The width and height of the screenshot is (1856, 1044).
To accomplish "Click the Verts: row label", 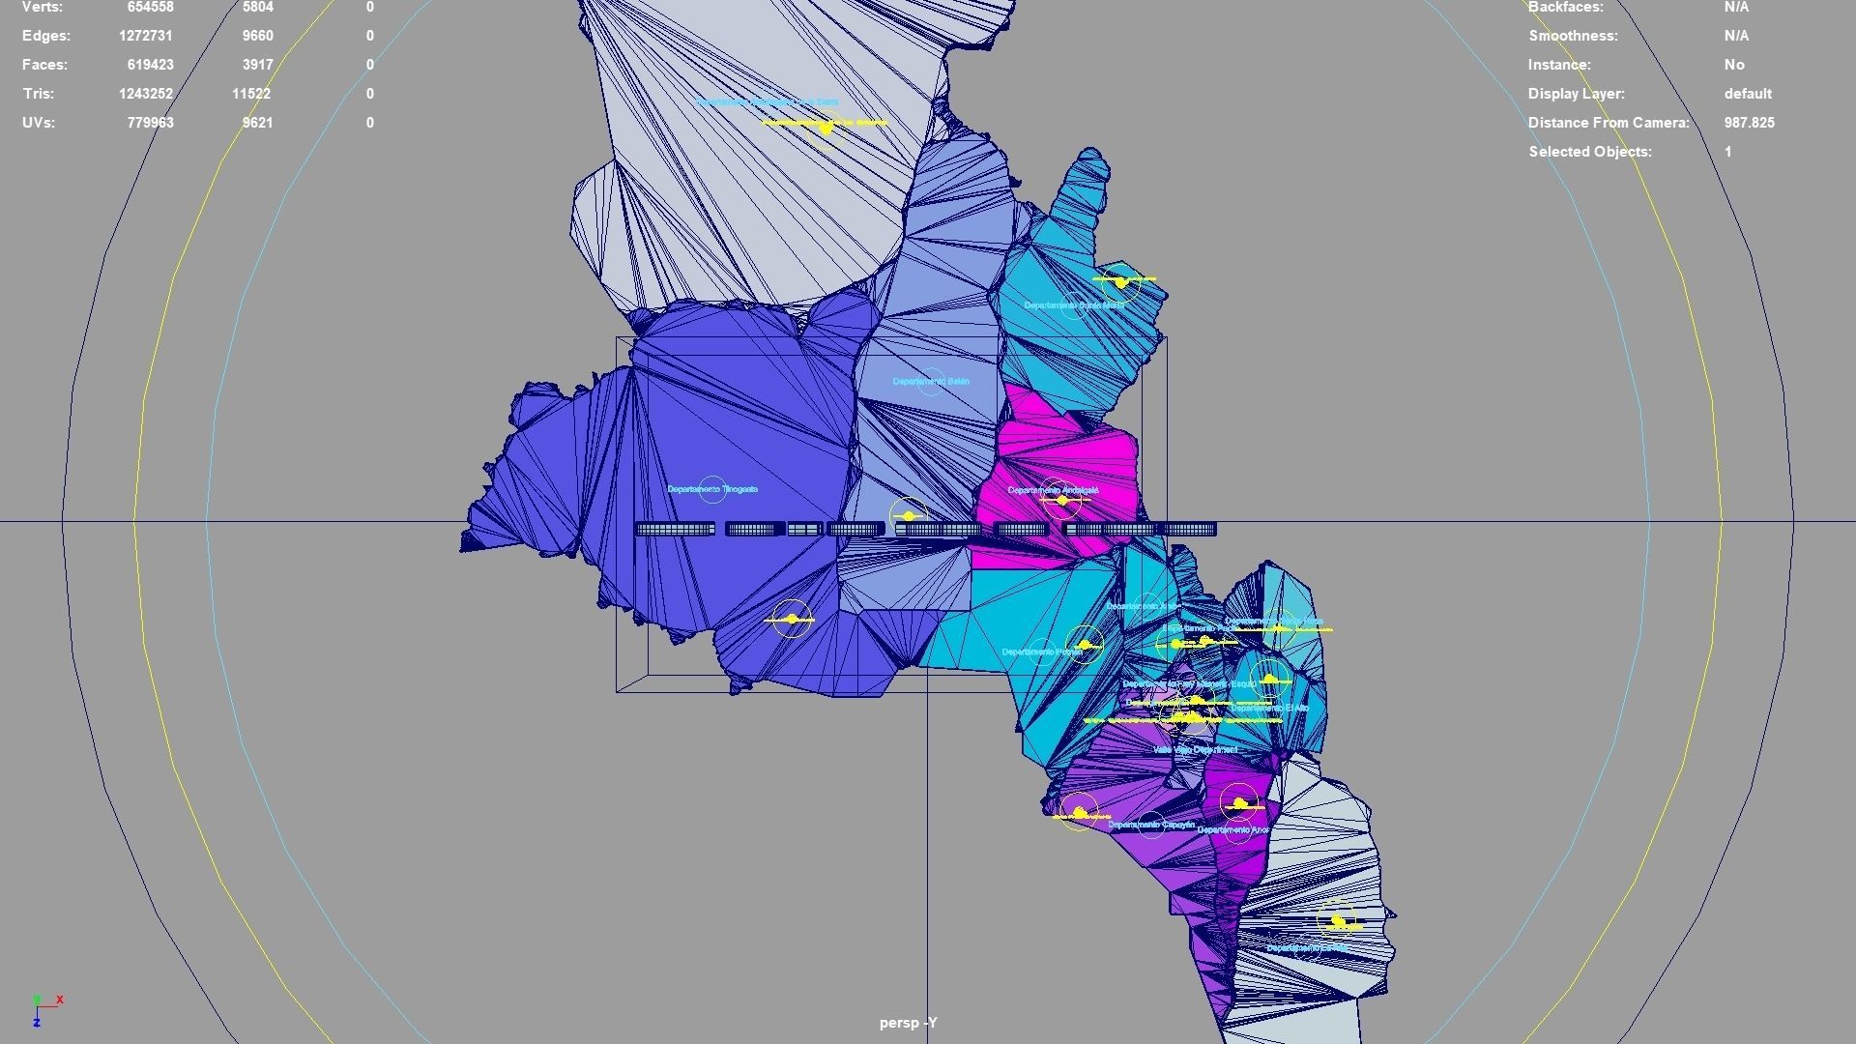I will [x=43, y=8].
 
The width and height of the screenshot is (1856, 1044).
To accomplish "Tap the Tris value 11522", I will [x=251, y=94].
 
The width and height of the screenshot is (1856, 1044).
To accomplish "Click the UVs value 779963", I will [x=150, y=123].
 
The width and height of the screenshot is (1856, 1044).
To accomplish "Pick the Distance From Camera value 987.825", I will [x=1749, y=123].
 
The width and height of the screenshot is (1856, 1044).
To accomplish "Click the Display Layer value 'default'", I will [x=1748, y=94].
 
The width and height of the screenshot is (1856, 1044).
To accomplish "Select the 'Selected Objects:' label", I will [x=1590, y=152].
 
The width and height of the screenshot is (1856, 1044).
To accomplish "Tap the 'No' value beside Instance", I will [x=1734, y=65].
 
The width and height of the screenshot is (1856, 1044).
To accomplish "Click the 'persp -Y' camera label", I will [x=908, y=1023].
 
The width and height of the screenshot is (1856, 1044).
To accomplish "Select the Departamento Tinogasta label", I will [x=712, y=489].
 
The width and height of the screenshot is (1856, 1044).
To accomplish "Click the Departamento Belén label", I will [x=930, y=382].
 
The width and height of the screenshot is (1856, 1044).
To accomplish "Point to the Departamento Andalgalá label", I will [x=1053, y=490].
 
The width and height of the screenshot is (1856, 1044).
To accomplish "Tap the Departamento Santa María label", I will [x=1073, y=305].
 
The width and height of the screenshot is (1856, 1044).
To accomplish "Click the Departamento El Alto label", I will [x=1269, y=709].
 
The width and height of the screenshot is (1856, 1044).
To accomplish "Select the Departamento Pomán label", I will [x=1041, y=652].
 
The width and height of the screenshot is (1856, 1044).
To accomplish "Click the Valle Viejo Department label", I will [x=1195, y=750].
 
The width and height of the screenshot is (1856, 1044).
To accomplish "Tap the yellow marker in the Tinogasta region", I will [x=792, y=619].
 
